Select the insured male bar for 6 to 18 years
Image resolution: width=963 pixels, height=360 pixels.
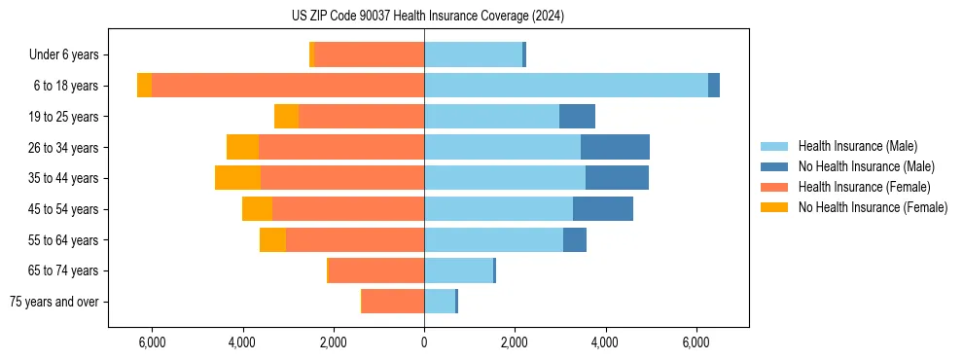coord(565,86)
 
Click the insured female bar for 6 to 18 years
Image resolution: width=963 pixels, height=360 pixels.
coord(287,86)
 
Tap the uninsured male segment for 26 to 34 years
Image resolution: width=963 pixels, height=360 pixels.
coord(615,147)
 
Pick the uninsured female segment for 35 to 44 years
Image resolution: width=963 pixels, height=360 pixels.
coord(237,178)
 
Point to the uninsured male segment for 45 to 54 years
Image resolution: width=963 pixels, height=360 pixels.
coord(603,209)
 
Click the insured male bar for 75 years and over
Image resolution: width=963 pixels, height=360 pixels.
coord(440,302)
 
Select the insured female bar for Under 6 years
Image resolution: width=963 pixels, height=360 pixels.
coord(369,54)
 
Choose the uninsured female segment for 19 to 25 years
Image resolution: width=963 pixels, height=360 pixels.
coord(286,117)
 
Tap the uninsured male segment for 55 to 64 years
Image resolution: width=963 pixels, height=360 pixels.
coord(574,239)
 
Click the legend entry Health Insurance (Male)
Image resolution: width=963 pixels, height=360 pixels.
coord(857,146)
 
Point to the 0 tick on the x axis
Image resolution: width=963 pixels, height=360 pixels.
coord(424,342)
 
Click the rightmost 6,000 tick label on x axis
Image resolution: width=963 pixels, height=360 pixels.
coord(695,342)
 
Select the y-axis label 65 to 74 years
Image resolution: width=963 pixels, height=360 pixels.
coord(63,270)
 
